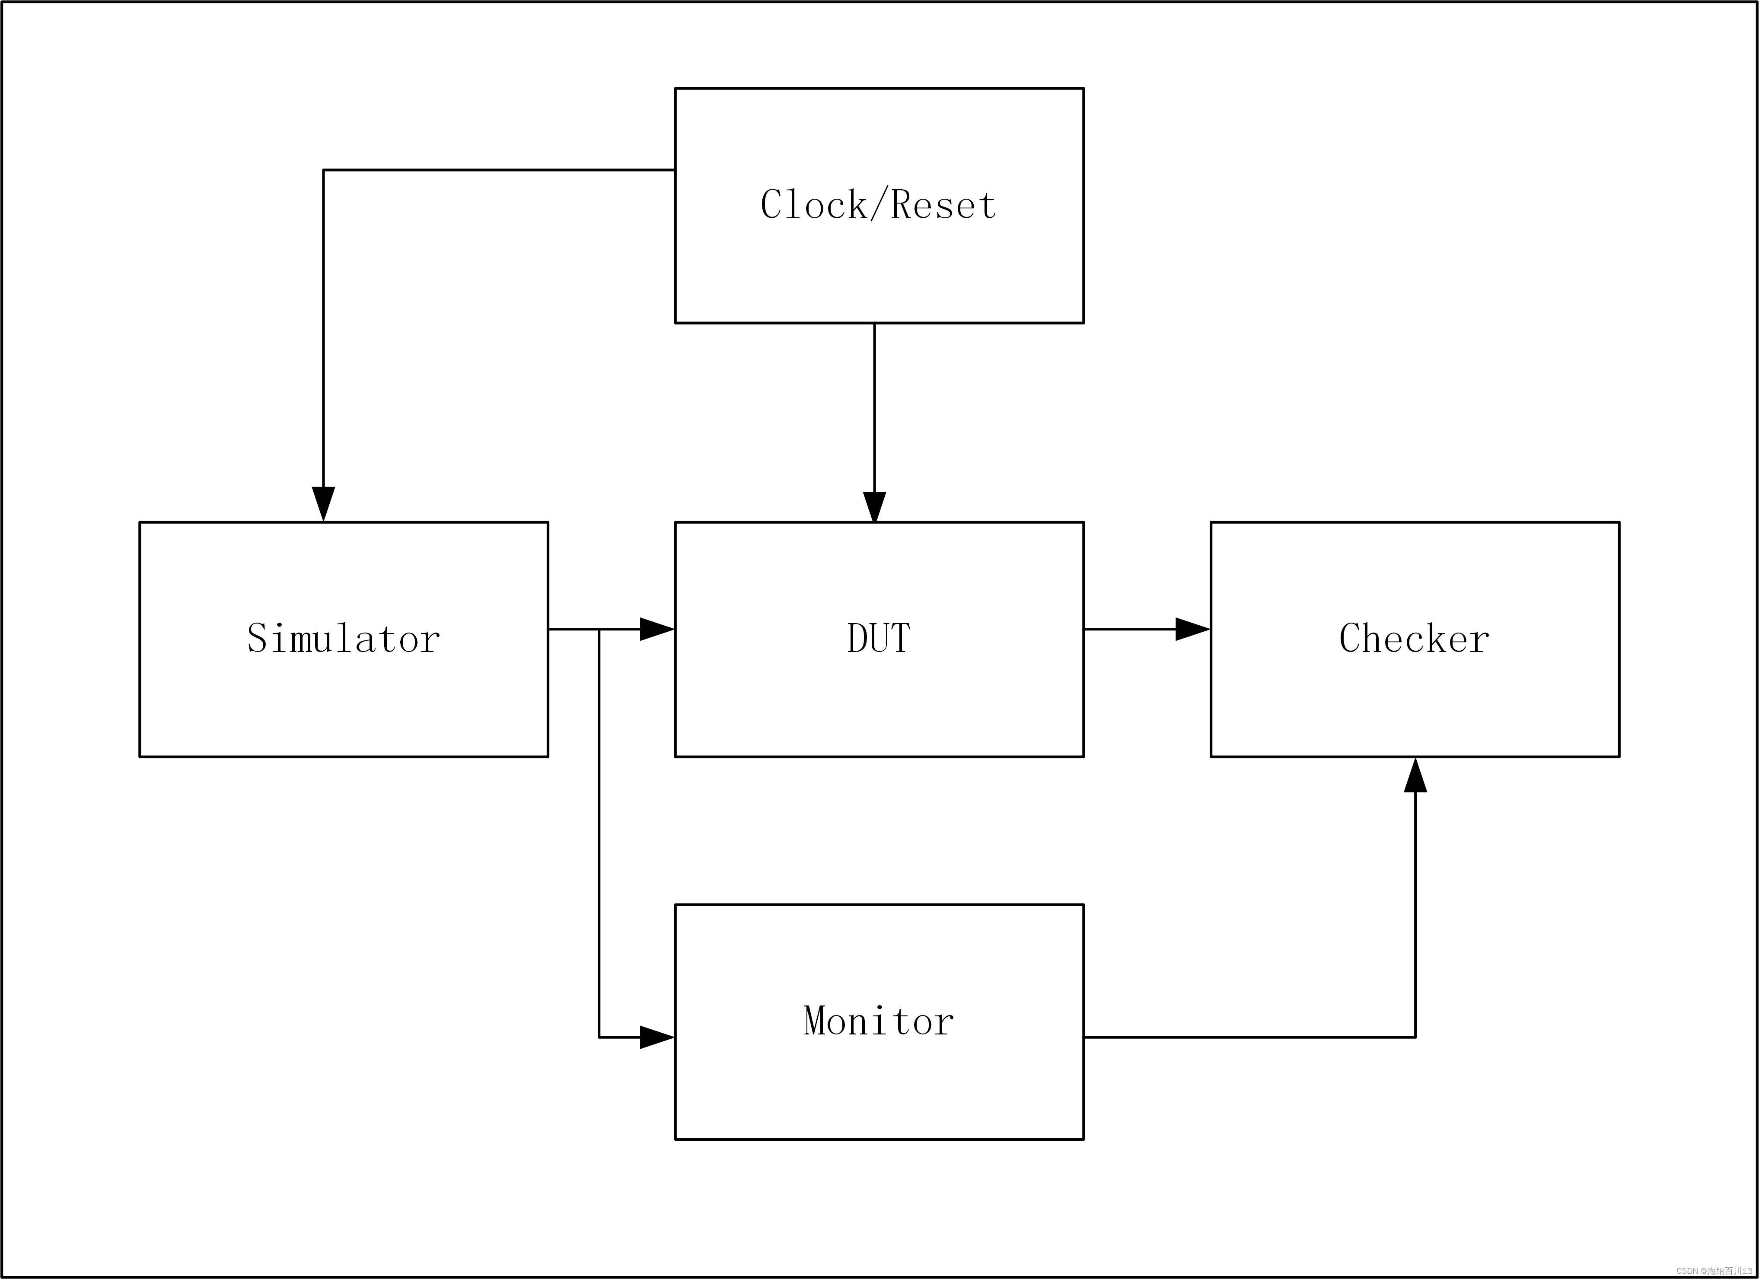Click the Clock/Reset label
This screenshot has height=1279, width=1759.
pyautogui.click(x=878, y=205)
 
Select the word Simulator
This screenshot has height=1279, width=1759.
pyautogui.click(x=344, y=638)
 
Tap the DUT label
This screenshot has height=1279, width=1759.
pyautogui.click(x=878, y=638)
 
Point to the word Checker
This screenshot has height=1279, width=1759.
pyautogui.click(x=1414, y=638)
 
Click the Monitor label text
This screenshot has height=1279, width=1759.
pyautogui.click(x=878, y=1021)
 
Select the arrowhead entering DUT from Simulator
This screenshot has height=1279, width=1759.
pyautogui.click(x=656, y=629)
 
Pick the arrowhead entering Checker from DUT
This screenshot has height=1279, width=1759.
pyautogui.click(x=1192, y=629)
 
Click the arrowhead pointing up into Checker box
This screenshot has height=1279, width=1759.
pyautogui.click(x=1415, y=776)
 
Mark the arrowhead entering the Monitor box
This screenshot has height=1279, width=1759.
pyautogui.click(x=656, y=1037)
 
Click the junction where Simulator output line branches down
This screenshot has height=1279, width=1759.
pyautogui.click(x=599, y=629)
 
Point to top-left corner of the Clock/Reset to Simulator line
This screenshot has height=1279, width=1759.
pyautogui.click(x=323, y=170)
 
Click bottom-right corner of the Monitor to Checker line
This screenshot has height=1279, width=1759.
pyautogui.click(x=1415, y=1037)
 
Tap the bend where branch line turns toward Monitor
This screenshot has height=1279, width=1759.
pyautogui.click(x=599, y=1037)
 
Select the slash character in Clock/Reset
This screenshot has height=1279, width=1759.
pyautogui.click(x=879, y=205)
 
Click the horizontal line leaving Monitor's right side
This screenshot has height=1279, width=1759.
pyautogui.click(x=1241, y=1037)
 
